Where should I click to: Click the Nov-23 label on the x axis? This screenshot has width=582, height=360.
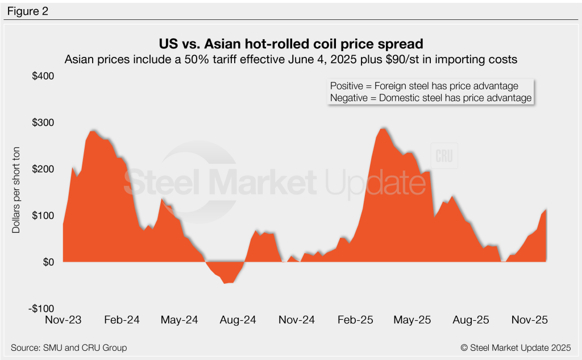point(63,320)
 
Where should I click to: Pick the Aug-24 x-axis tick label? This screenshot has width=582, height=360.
point(238,320)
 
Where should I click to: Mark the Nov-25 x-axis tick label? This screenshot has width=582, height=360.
point(529,320)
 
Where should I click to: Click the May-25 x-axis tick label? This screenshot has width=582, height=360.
point(413,320)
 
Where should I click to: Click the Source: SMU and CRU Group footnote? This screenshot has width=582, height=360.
point(69,347)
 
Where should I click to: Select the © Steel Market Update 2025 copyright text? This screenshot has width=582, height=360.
point(516,347)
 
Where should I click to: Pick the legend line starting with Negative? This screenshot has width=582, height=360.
point(431,98)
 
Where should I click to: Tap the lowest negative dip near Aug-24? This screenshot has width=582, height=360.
point(226,283)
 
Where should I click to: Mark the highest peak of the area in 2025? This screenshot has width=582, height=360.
point(383,129)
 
